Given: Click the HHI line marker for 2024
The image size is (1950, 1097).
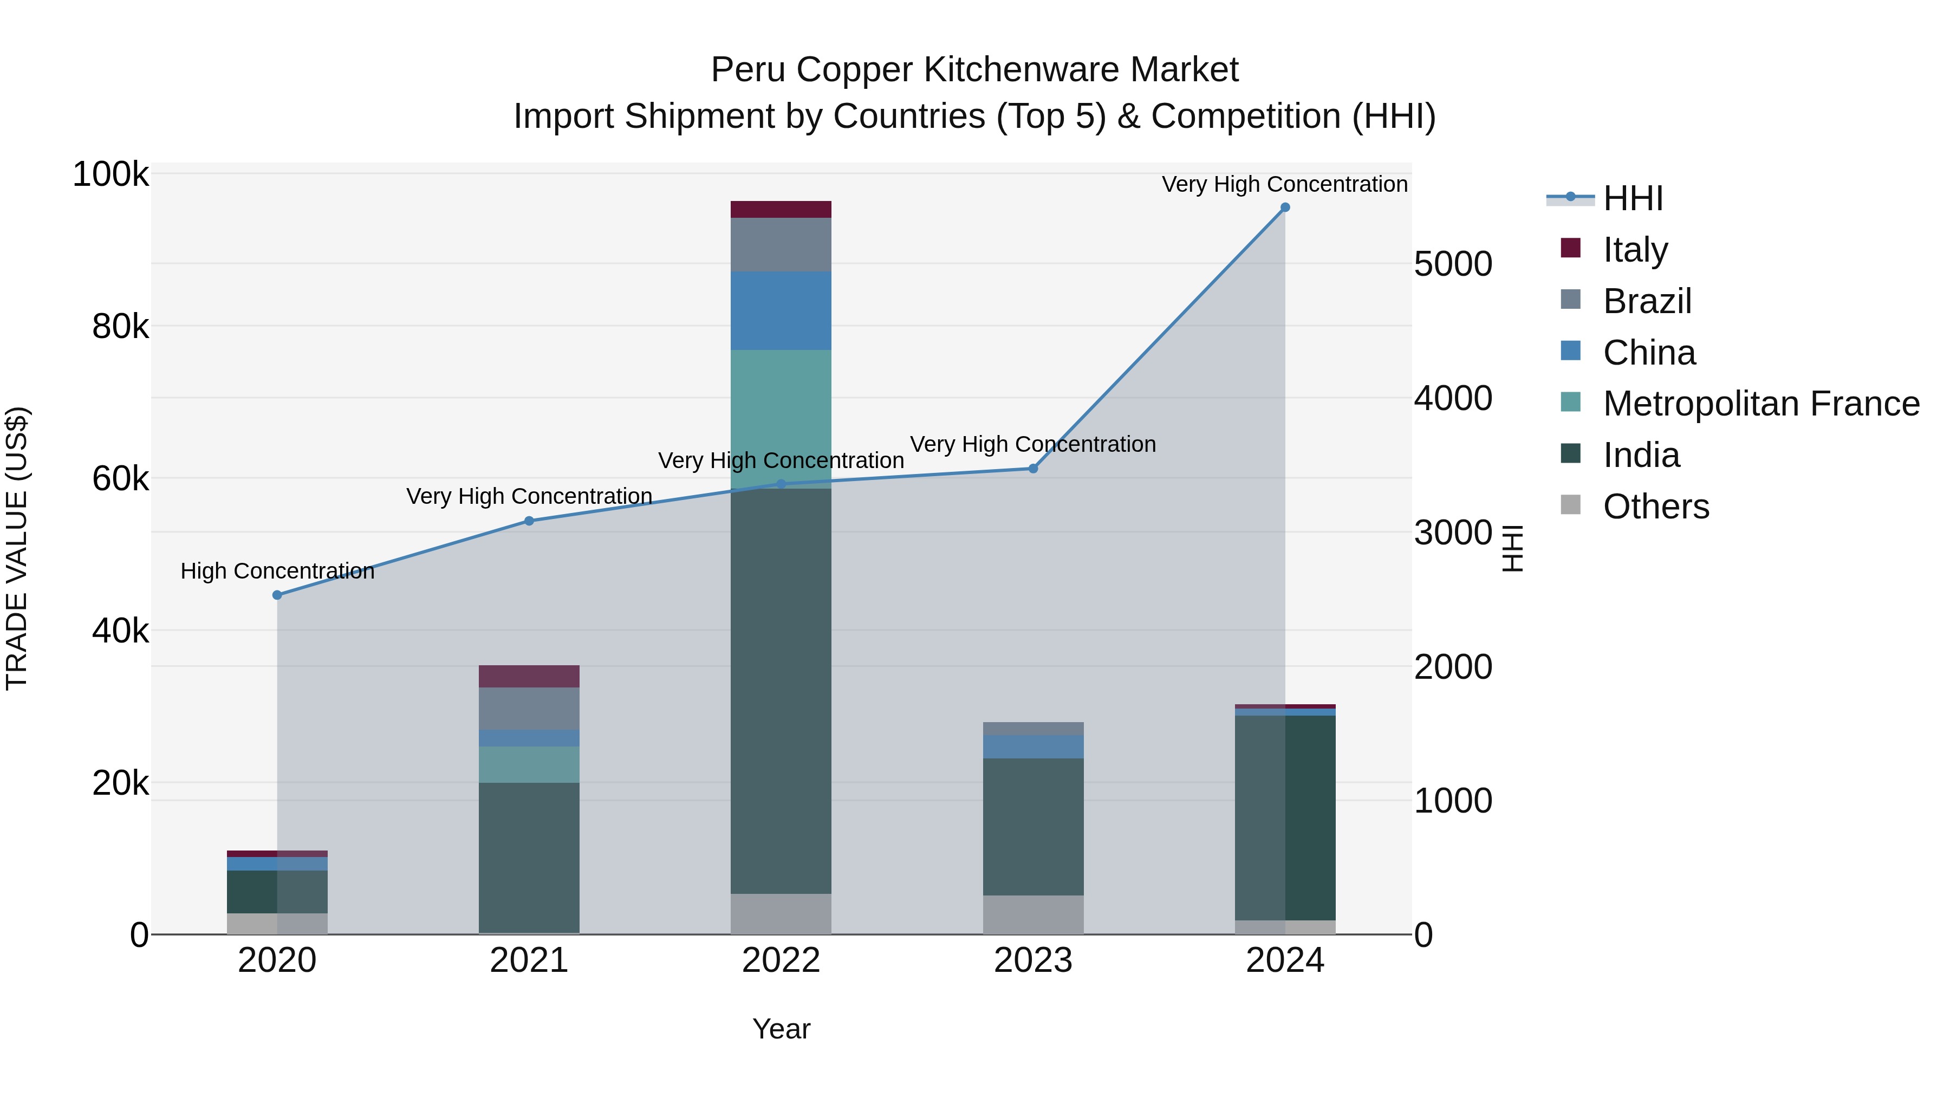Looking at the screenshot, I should click(1285, 207).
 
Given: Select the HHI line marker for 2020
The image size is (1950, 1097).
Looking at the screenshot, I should click(277, 595).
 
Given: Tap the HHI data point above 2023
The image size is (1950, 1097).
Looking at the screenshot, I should click(1032, 469).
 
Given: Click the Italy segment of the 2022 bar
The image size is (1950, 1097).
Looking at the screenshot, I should click(781, 210).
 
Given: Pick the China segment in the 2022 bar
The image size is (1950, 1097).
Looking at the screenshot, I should click(781, 310).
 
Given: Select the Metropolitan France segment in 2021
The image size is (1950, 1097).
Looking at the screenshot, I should click(529, 764).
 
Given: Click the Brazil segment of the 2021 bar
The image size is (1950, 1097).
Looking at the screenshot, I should click(529, 709).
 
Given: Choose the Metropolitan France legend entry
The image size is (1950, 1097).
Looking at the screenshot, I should click(1761, 404).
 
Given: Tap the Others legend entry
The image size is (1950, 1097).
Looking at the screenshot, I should click(1655, 507).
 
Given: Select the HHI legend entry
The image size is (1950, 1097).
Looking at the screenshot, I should click(1633, 198).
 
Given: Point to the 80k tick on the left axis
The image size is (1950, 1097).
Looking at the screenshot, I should click(120, 327).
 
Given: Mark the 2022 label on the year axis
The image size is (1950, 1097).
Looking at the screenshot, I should click(781, 960).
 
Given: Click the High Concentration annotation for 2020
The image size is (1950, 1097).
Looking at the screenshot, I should click(277, 571).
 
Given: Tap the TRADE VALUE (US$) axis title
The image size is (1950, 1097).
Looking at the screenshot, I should click(17, 548).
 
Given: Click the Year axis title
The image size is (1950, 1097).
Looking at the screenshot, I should click(781, 1029).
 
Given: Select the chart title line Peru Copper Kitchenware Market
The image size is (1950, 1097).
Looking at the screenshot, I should click(974, 70).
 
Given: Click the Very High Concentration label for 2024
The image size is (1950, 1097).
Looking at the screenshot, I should click(1285, 184).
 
